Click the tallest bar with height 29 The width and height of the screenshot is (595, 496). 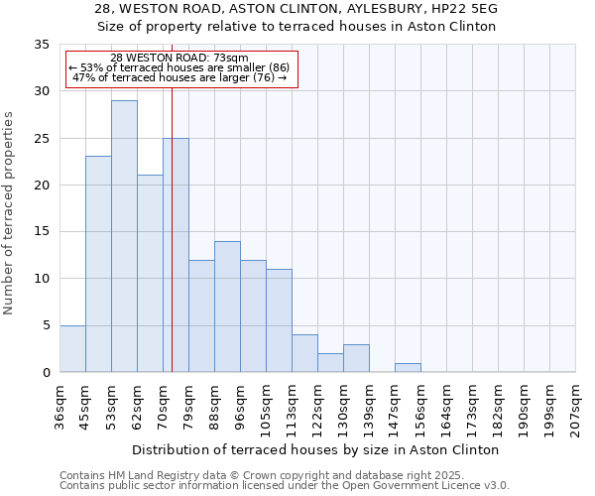[124, 236]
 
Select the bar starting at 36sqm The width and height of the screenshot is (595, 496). [72, 348]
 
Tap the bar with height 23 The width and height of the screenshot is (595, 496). [98, 264]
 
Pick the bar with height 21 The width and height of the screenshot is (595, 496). [150, 274]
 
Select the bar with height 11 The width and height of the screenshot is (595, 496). [279, 320]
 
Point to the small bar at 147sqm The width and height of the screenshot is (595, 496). [408, 367]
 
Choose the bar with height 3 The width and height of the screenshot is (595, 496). [356, 358]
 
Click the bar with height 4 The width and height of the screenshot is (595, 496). [304, 353]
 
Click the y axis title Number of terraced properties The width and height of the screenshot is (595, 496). [9, 212]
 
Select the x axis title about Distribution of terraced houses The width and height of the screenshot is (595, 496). [315, 449]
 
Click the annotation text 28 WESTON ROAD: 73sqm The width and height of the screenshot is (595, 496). [179, 59]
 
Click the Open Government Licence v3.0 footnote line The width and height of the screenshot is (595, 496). [285, 486]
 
